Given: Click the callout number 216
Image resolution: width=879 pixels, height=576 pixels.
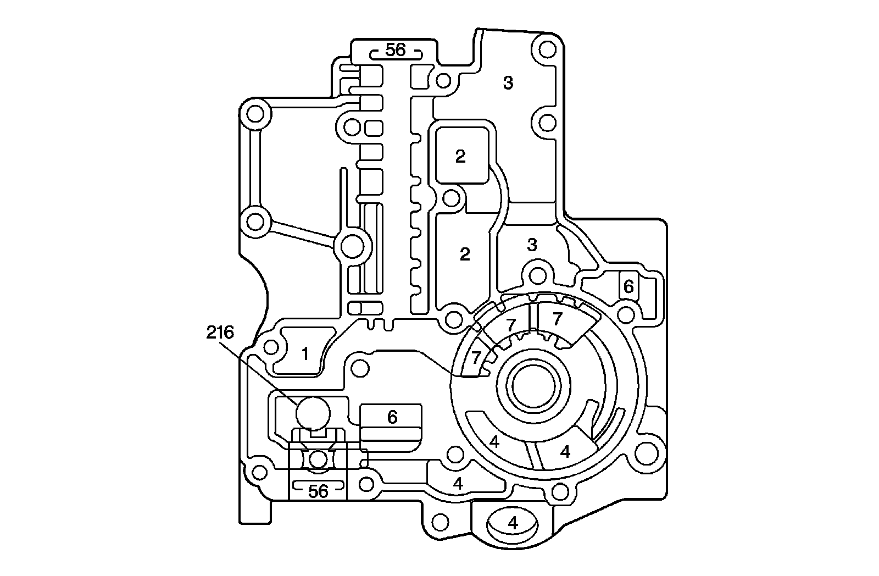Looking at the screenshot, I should tap(220, 332).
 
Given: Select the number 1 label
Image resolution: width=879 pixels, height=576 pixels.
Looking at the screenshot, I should tap(305, 354).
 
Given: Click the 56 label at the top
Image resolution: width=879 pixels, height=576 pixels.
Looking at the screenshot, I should tap(395, 50).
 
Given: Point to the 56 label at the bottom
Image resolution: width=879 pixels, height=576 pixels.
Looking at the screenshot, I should tap(318, 491).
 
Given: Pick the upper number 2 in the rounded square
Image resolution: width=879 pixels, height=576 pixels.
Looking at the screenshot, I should tap(460, 157).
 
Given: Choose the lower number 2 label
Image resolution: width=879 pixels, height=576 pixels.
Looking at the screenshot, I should tap(465, 254).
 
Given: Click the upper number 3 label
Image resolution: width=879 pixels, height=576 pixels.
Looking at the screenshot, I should tap(508, 83).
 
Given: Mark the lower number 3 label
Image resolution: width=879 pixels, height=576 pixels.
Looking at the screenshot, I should tap(531, 245).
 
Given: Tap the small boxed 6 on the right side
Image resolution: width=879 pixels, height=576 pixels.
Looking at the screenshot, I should tap(628, 286).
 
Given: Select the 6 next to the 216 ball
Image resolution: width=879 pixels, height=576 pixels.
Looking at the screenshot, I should tap(392, 417).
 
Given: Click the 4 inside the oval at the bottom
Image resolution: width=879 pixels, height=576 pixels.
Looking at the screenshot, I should tap(513, 523).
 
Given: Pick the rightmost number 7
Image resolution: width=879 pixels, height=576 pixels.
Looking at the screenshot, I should tap(558, 318).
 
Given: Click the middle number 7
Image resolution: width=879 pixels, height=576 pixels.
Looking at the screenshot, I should tap(510, 324).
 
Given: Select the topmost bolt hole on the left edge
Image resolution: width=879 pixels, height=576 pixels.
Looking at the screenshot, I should tap(255, 115).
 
